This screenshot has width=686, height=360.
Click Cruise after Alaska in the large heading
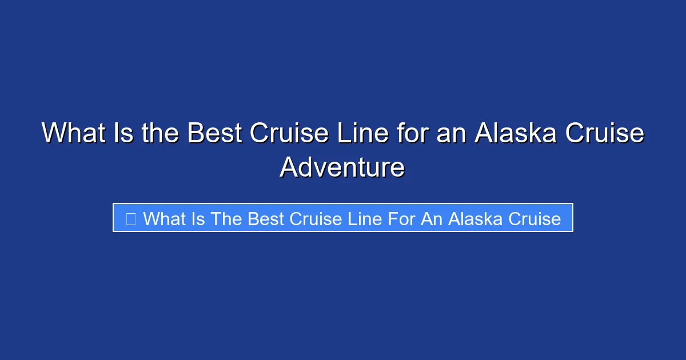tap(605, 134)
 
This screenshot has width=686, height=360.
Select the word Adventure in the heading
tap(342, 168)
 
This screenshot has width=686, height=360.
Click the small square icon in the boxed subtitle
tap(130, 218)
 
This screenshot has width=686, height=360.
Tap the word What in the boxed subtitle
tap(165, 218)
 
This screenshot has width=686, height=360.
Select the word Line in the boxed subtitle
tap(364, 218)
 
